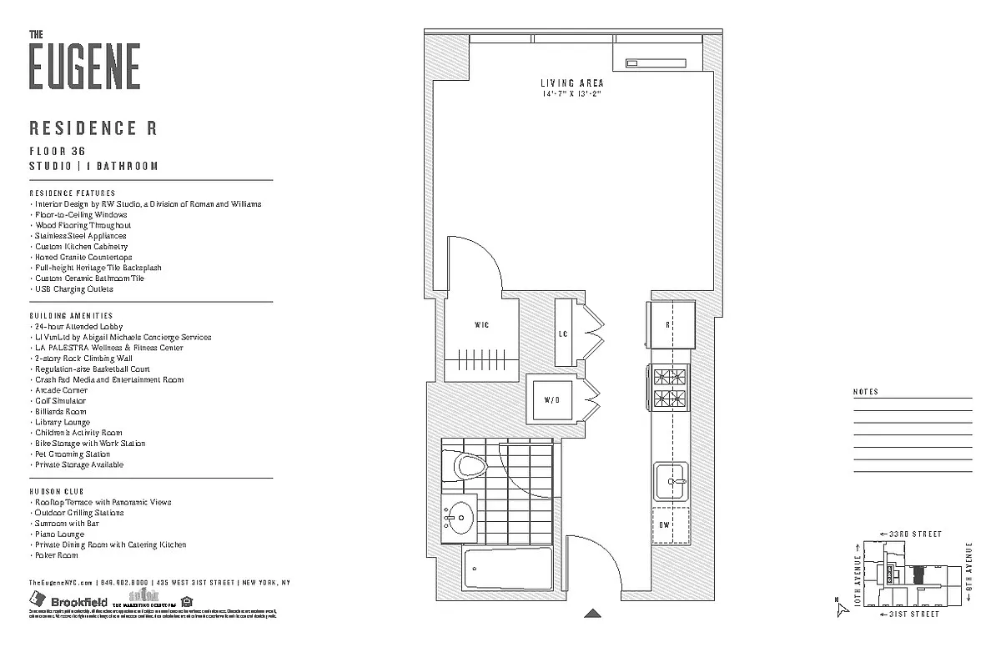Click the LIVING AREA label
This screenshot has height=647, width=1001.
pyautogui.click(x=571, y=83)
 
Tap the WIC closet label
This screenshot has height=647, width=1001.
pyautogui.click(x=481, y=324)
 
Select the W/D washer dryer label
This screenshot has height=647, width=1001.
pyautogui.click(x=552, y=400)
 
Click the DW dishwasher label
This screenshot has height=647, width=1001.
pyautogui.click(x=665, y=524)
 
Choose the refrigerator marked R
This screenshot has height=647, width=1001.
pyautogui.click(x=669, y=325)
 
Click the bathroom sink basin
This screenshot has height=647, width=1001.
pyautogui.click(x=456, y=520)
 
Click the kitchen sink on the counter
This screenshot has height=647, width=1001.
pyautogui.click(x=671, y=481)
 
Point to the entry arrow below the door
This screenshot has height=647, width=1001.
pyautogui.click(x=592, y=614)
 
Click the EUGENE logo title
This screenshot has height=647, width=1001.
pyautogui.click(x=84, y=65)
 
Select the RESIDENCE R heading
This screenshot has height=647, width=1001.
pyautogui.click(x=93, y=128)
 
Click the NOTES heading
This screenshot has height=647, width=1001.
pyautogui.click(x=866, y=392)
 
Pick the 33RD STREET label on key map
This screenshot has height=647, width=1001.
pyautogui.click(x=914, y=534)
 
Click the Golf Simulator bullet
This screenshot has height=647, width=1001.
pyautogui.click(x=60, y=401)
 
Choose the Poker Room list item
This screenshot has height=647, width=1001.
pyautogui.click(x=57, y=555)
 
